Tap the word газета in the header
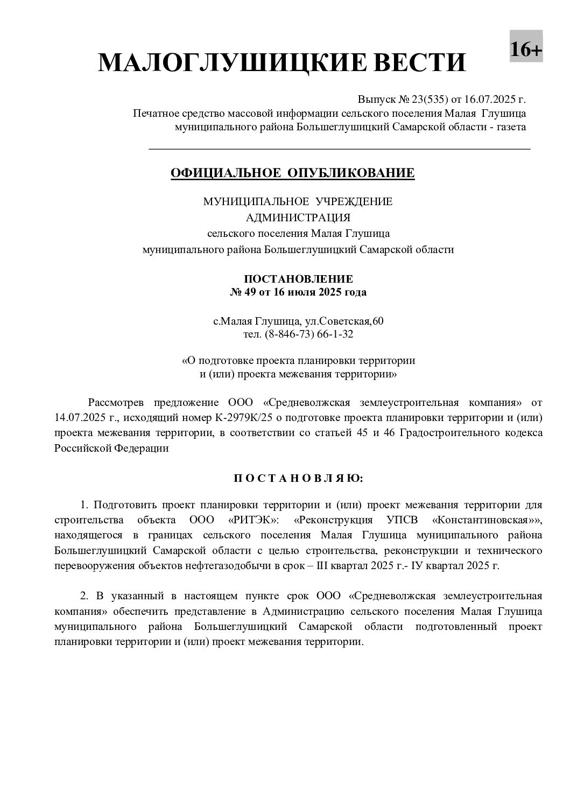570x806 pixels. click(x=511, y=127)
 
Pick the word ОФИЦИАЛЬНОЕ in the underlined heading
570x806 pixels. click(x=225, y=173)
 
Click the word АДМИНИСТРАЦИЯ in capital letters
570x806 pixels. click(x=298, y=218)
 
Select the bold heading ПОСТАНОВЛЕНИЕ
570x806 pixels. click(x=298, y=279)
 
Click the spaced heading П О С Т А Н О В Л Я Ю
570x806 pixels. click(x=298, y=478)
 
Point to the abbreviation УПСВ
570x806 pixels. click(x=403, y=520)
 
